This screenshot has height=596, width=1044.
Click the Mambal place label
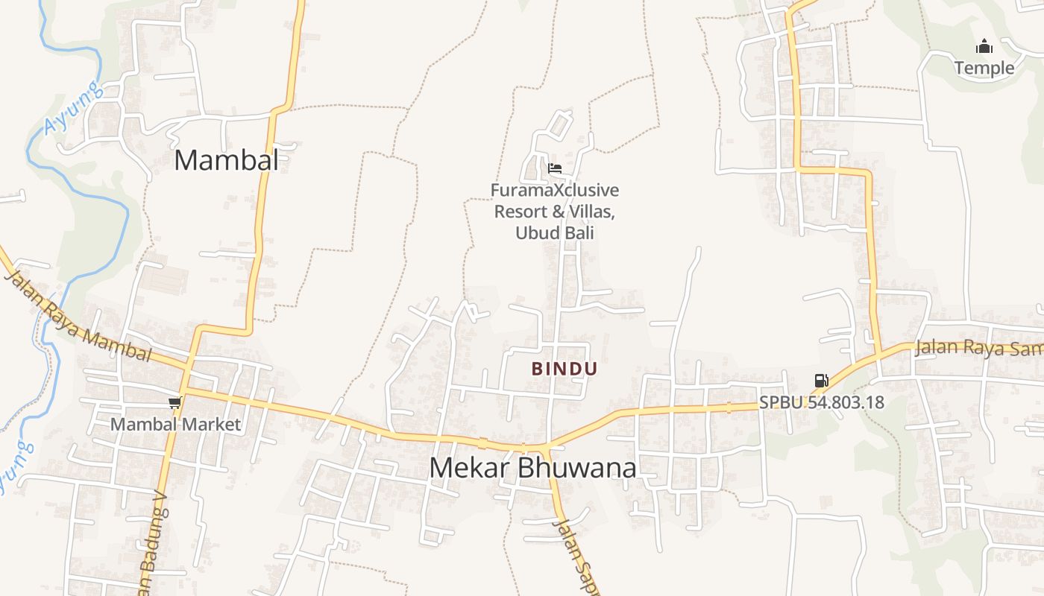coord(226,160)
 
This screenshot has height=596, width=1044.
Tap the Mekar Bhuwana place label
coord(533,468)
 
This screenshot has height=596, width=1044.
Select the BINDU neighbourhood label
coord(565,369)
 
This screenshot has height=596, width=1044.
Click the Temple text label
coord(984,68)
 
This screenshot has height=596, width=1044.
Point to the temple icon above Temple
coord(984,47)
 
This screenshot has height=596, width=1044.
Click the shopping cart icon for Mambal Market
coord(174,403)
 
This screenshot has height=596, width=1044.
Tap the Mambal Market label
coord(176,425)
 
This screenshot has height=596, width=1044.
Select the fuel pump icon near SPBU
coord(821,381)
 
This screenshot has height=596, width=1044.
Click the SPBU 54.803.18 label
coord(822,402)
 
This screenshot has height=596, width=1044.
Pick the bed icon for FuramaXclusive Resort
coord(554,168)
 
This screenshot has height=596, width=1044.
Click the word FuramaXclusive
coord(554,191)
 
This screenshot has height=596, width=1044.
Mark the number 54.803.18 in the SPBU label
coord(846,402)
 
